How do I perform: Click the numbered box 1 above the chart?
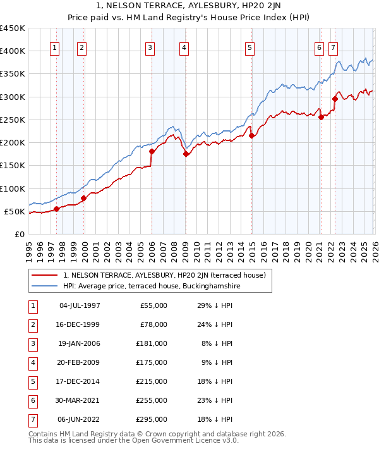[x=55, y=47]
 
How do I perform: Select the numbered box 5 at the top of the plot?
[x=250, y=47]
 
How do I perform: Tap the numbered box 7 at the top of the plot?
[x=333, y=47]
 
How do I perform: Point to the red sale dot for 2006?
[x=152, y=152]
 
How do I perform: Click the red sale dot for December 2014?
[x=251, y=136]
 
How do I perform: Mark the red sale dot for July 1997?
[x=56, y=209]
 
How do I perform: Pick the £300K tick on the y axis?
[x=13, y=97]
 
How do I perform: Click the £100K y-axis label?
[x=13, y=188]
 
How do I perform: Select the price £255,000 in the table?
[x=152, y=400]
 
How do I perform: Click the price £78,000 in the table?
[x=153, y=324]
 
